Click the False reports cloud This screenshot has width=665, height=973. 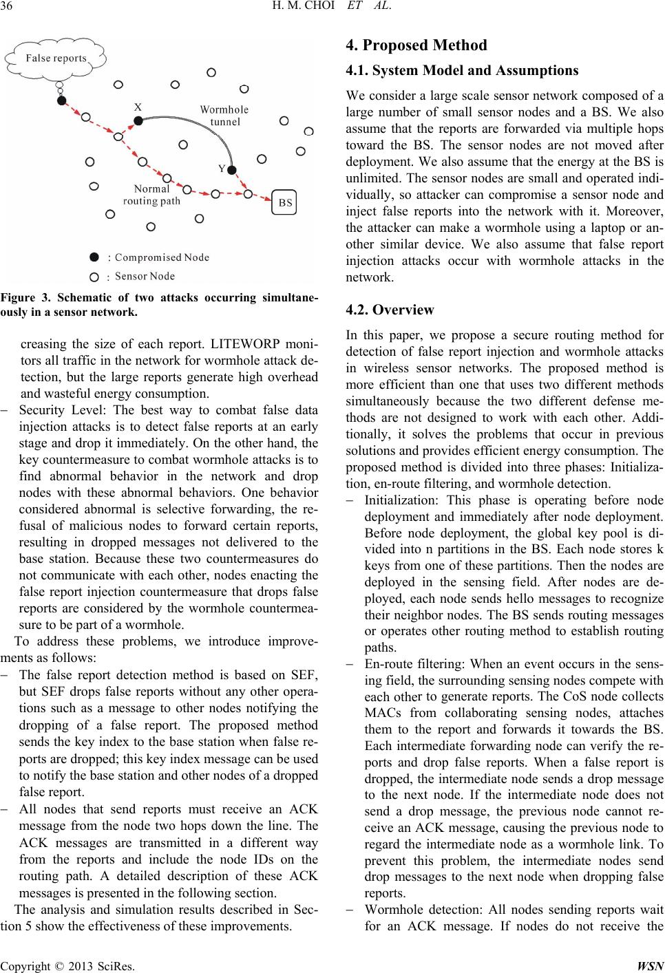56,58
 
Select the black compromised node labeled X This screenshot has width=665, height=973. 138,121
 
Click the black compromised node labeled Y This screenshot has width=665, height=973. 232,170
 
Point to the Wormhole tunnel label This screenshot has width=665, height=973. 224,116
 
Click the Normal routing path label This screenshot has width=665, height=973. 151,195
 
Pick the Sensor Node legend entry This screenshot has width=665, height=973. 145,277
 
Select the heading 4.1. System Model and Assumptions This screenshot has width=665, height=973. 461,70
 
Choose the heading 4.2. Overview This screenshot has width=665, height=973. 390,310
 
